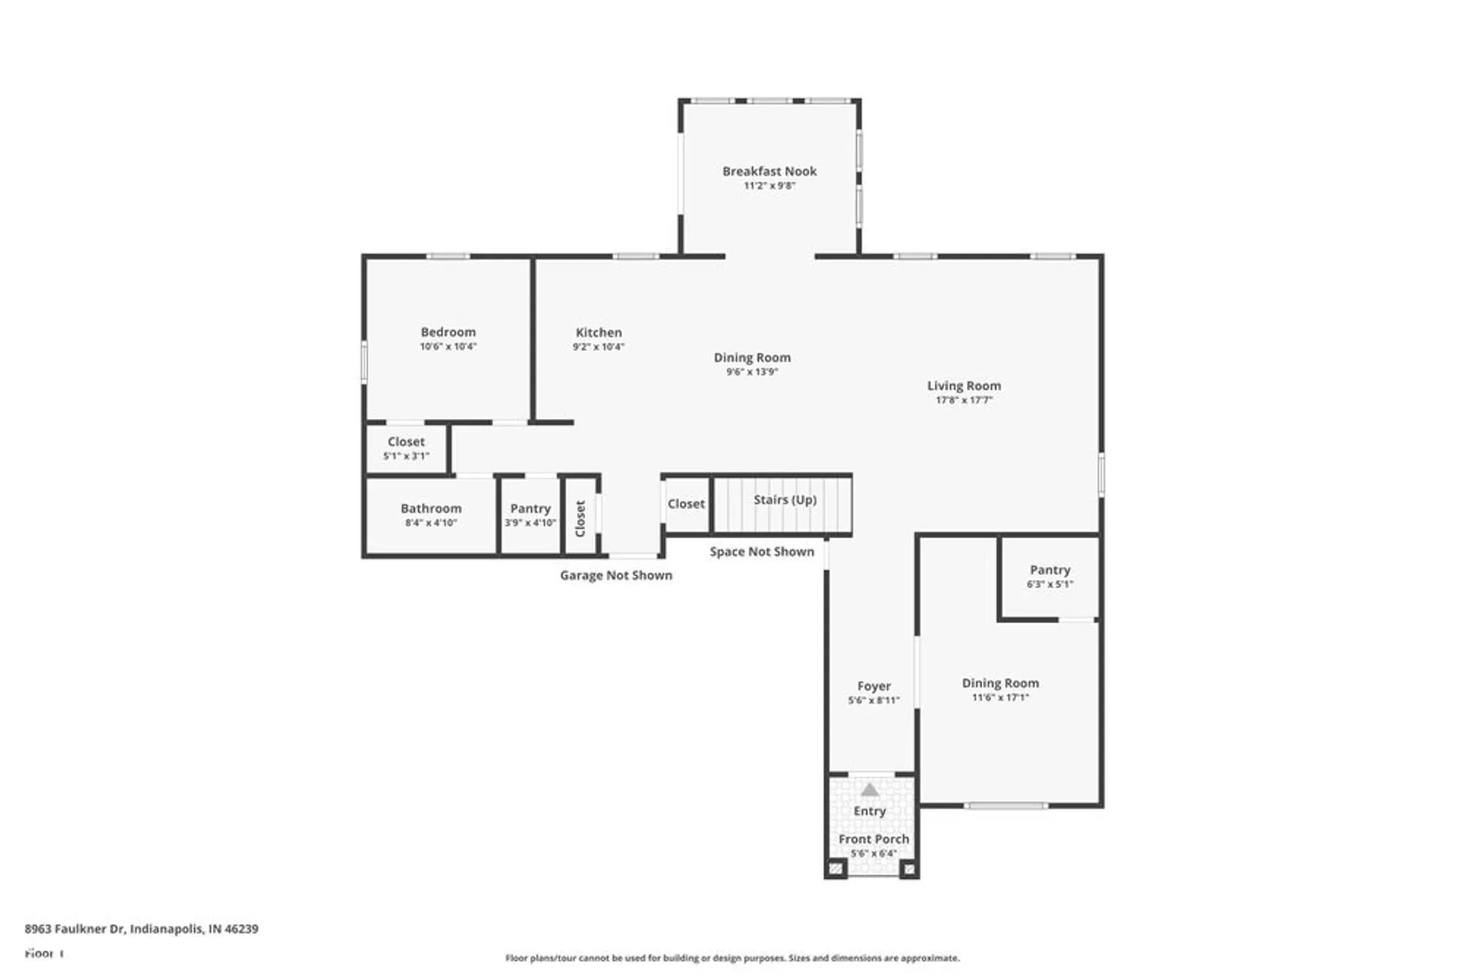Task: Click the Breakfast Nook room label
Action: [x=769, y=171]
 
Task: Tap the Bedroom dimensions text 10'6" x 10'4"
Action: [x=448, y=346]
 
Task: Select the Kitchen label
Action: [x=598, y=333]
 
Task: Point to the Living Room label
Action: [x=963, y=386]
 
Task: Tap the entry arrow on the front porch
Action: [x=869, y=790]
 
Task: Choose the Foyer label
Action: [x=874, y=686]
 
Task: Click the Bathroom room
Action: [x=431, y=515]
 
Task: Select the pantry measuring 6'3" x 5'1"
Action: [x=1050, y=576]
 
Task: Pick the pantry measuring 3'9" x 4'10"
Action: [x=530, y=515]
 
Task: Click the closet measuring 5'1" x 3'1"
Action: [x=406, y=447]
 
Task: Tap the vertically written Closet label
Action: [x=580, y=519]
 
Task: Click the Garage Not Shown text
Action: [x=616, y=576]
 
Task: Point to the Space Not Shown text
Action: [x=762, y=552]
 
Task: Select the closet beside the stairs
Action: [x=686, y=504]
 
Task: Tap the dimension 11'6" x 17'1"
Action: [x=1000, y=698]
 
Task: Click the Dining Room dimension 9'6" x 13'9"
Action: [x=752, y=372]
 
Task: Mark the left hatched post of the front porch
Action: [x=836, y=869]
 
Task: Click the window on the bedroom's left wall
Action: [x=364, y=361]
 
